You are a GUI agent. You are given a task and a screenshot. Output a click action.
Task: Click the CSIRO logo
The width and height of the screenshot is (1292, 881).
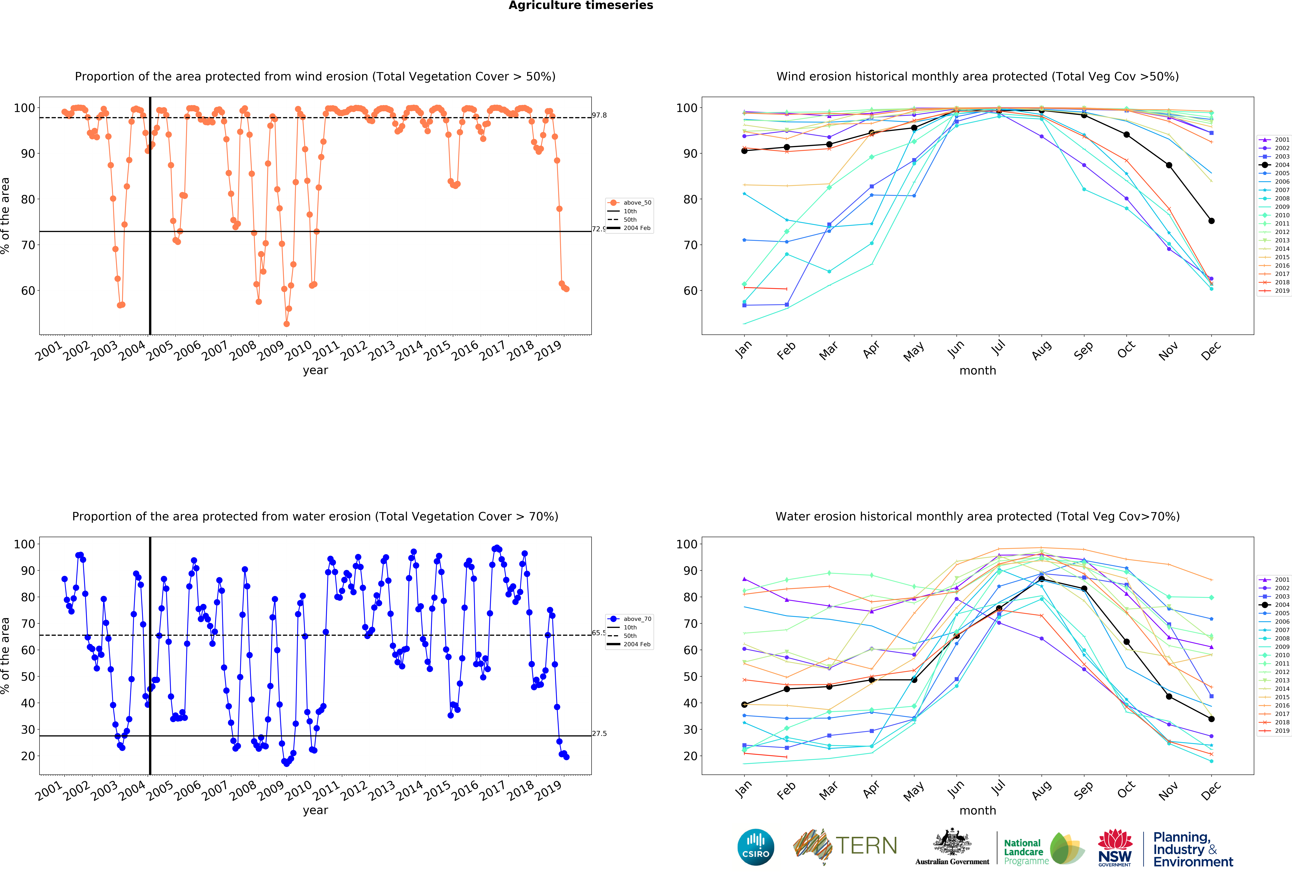(x=756, y=847)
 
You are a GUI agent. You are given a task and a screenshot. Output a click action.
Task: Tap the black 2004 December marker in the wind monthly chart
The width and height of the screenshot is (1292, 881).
(x=1211, y=221)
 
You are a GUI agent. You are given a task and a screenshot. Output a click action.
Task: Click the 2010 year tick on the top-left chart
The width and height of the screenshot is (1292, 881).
(x=299, y=350)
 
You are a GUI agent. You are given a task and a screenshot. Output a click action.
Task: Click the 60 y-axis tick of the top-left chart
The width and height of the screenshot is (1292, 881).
(x=28, y=290)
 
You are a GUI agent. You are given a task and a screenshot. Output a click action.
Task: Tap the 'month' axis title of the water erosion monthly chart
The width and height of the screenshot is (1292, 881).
(x=977, y=810)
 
